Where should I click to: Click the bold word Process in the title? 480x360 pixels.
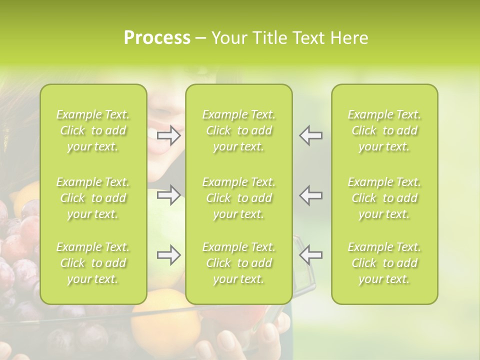point(157,38)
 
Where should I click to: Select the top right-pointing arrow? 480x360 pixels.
point(169,135)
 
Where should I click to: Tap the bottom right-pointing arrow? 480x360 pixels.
point(169,255)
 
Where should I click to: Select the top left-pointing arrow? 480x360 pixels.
point(310,135)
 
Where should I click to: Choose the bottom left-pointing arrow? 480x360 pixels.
point(310,255)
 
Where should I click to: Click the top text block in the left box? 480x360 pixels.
point(93,130)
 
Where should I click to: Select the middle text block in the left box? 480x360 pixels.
point(93,198)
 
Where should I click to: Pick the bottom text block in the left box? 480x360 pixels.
point(93,263)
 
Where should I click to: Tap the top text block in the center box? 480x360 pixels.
point(238,130)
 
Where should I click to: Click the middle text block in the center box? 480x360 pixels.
point(238,198)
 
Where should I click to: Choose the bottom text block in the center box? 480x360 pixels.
point(238,263)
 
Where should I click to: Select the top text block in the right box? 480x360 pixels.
point(384,130)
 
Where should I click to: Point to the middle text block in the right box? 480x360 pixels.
point(384,198)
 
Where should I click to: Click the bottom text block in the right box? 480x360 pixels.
point(384,263)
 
